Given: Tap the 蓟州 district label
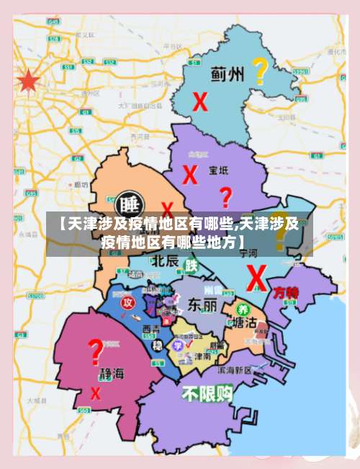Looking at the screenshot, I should point(228,73).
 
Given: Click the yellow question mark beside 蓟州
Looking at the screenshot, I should point(259,71).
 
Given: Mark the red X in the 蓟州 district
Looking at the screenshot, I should point(199,102).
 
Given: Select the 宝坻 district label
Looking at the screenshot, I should point(218,170).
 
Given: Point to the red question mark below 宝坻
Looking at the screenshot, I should point(225,196).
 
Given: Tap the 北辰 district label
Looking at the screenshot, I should point(165,260).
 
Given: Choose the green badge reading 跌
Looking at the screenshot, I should point(192,265).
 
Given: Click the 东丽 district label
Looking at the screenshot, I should point(202,304).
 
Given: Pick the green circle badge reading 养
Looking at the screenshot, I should point(242,308).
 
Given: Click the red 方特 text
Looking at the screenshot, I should point(285,293).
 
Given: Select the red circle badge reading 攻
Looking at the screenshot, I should point(127,303).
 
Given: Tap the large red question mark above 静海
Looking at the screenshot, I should point(95,352).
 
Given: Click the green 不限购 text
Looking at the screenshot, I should point(207,393).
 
